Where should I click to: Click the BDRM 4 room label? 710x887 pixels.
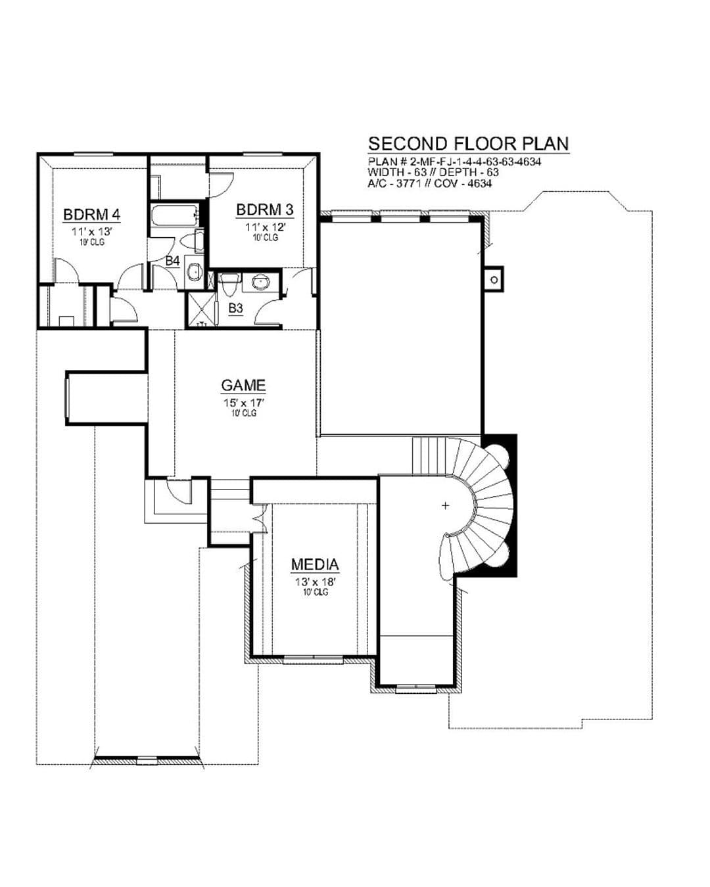[91, 215]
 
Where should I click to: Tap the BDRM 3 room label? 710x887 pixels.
[264, 210]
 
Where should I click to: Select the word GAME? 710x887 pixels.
[243, 386]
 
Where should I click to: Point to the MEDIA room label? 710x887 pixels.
[315, 564]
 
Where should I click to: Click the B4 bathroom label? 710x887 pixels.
[172, 261]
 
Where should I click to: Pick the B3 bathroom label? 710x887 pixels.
[235, 308]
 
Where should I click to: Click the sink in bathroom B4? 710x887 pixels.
[193, 271]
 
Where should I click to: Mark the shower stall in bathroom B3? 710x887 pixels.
[201, 309]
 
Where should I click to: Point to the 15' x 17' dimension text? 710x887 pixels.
[243, 403]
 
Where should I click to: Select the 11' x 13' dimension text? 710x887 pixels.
[91, 232]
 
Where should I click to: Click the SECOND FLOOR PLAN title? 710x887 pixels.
[468, 144]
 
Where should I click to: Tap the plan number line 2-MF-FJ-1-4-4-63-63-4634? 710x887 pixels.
[454, 162]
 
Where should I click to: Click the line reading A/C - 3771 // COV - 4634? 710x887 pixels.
[430, 183]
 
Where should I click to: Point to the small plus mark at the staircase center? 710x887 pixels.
[445, 505]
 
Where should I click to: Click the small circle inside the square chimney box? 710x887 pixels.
[494, 280]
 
